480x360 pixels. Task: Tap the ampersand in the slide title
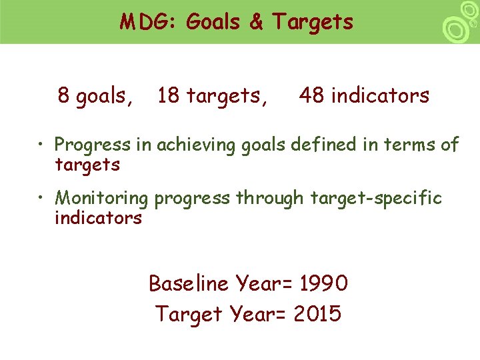pyautogui.click(x=256, y=22)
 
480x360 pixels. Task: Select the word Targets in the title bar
pyautogui.click(x=311, y=22)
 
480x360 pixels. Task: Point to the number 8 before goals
pyautogui.click(x=64, y=96)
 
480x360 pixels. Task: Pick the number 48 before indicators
pyautogui.click(x=312, y=96)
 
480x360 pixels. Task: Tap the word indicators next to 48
pyautogui.click(x=380, y=96)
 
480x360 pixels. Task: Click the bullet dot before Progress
pyautogui.click(x=41, y=145)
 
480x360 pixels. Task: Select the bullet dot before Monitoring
pyautogui.click(x=41, y=198)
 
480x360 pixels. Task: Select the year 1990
pyautogui.click(x=323, y=284)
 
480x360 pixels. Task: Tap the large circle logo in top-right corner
pyautogui.click(x=455, y=29)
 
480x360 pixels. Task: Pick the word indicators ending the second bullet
pyautogui.click(x=98, y=218)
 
